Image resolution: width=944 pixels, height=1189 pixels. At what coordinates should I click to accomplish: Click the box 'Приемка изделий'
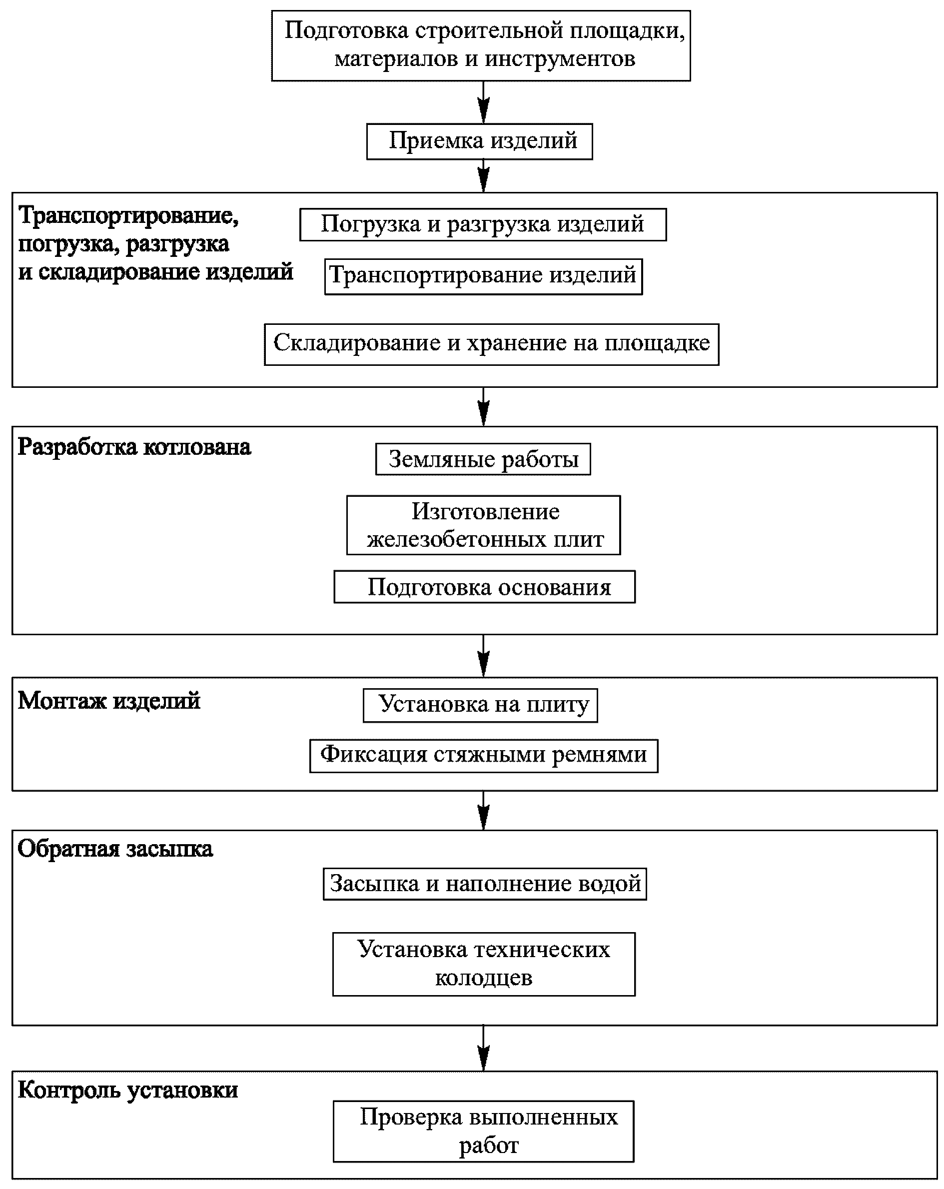[479, 142]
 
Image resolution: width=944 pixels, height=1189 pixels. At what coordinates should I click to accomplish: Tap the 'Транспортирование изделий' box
[483, 276]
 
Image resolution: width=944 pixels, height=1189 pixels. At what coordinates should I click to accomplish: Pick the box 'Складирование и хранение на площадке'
[491, 344]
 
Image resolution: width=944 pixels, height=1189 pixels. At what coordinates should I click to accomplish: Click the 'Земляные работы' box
[483, 459]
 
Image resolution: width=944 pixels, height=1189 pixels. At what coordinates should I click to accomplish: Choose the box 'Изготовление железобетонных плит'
[483, 525]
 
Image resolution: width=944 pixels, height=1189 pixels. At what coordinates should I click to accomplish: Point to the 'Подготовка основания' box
[484, 587]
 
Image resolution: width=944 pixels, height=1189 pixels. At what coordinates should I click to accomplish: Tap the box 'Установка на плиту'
[480, 705]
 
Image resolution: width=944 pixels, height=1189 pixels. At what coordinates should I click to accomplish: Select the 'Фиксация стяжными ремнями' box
[484, 756]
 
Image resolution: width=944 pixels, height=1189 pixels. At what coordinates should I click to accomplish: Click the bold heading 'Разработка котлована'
[134, 447]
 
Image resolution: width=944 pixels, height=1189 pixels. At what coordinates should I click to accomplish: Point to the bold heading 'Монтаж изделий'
[108, 701]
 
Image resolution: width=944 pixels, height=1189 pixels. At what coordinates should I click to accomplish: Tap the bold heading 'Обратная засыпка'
[115, 849]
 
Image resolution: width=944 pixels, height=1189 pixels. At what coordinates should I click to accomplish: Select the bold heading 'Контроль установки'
[128, 1090]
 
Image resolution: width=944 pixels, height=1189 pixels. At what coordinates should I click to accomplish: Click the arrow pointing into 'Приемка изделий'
[483, 102]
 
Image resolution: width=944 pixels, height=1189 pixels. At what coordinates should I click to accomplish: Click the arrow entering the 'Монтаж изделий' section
[483, 656]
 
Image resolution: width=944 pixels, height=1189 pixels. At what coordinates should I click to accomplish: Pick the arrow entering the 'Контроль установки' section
[483, 1048]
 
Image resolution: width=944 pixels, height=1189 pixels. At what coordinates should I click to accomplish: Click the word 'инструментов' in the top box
[560, 59]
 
